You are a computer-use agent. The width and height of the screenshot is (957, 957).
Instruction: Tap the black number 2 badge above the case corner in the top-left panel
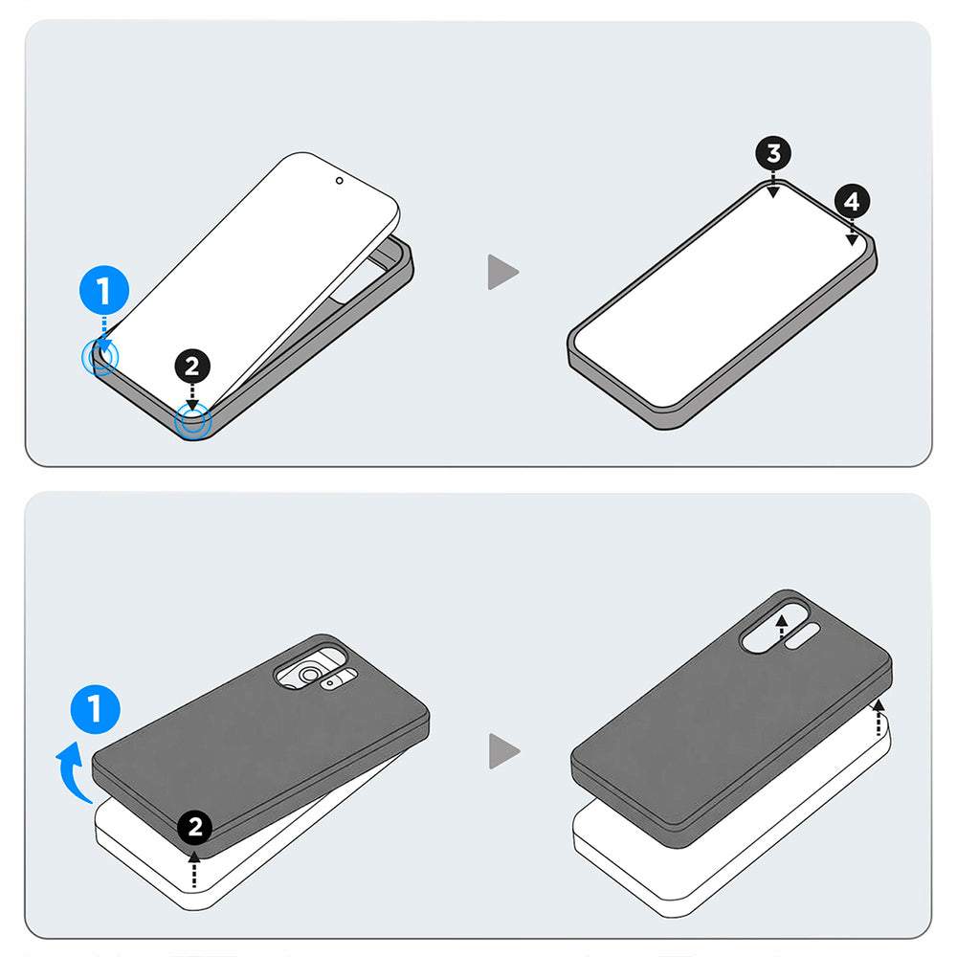(x=193, y=366)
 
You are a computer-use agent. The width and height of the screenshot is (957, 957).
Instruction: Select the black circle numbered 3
(x=773, y=154)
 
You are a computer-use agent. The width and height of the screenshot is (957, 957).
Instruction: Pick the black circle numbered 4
(x=852, y=202)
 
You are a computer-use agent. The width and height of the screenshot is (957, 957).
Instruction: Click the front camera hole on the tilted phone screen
(x=339, y=179)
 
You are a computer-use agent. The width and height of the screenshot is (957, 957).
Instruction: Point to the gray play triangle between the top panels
(x=501, y=272)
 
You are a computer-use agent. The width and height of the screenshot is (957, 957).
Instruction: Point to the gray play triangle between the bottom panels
(x=502, y=750)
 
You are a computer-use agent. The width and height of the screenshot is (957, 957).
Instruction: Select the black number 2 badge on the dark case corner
(x=195, y=826)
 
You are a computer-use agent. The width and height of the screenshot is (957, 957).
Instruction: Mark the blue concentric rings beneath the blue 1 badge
(x=100, y=358)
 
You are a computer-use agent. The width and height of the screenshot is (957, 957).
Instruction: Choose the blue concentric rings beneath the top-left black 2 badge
(x=193, y=421)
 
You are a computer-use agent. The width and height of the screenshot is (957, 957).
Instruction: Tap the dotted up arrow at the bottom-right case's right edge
(x=879, y=718)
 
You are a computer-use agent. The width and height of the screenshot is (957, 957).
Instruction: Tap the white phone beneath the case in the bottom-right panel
(x=670, y=861)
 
